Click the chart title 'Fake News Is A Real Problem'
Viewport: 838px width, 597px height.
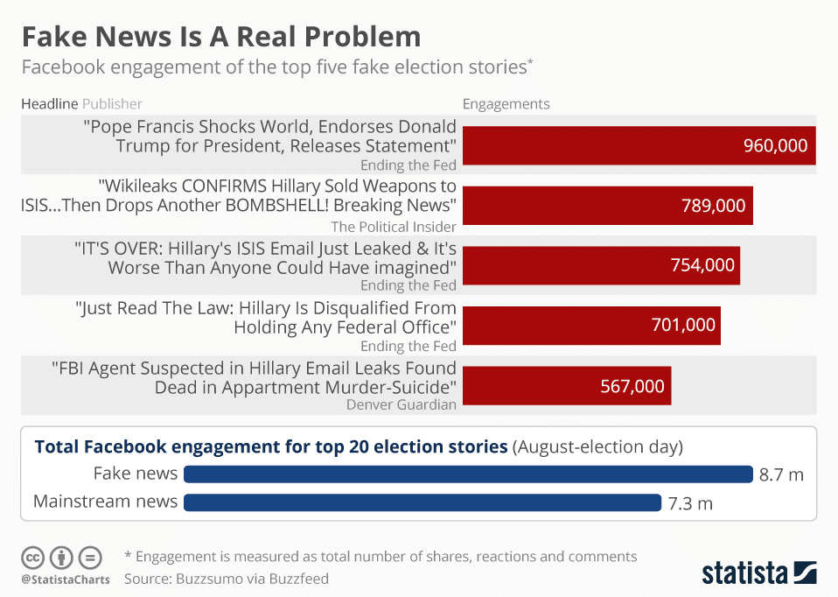coord(221,37)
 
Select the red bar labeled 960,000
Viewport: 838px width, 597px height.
coord(639,145)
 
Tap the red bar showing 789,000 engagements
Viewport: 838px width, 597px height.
coord(607,206)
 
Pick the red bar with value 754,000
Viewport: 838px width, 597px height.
coord(601,265)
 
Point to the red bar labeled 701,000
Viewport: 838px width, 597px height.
coord(591,325)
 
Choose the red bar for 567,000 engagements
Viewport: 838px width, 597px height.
coord(566,385)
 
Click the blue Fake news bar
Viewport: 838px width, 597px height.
coord(468,474)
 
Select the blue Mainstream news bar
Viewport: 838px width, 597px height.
coord(422,502)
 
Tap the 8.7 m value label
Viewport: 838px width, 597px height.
coord(781,474)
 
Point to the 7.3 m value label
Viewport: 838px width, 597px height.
coord(690,502)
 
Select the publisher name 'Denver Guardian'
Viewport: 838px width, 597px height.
coord(402,404)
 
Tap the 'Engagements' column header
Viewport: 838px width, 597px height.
coord(506,104)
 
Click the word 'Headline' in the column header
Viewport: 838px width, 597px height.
coord(49,104)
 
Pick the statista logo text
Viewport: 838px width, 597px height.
coord(744,573)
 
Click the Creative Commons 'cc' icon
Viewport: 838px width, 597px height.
coord(33,557)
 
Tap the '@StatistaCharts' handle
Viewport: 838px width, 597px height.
coord(66,579)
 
